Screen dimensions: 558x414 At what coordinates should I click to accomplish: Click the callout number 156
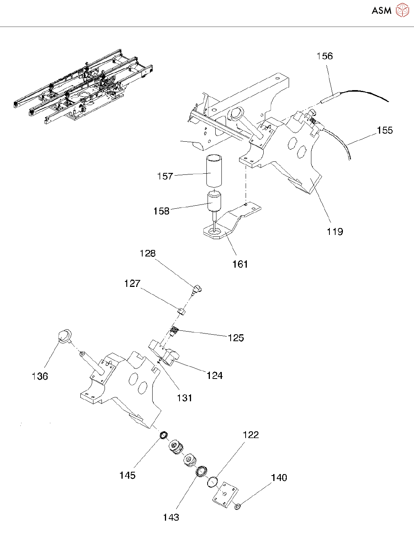pos(324,56)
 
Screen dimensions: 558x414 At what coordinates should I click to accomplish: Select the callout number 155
pos(384,130)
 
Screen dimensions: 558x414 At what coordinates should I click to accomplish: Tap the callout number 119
pos(334,231)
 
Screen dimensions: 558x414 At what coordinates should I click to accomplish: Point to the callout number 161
pos(240,264)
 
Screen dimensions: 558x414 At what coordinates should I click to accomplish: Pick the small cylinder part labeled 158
pos(214,201)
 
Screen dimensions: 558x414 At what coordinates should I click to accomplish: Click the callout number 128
pos(148,253)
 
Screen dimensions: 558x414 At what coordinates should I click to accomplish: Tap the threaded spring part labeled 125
pos(175,330)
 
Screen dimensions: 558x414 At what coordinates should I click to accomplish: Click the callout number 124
pos(214,375)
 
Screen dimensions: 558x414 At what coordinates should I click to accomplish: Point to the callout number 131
pos(185,398)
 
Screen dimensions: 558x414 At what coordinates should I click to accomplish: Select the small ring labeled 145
pos(164,436)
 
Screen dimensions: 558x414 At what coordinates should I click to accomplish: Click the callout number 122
pos(251,435)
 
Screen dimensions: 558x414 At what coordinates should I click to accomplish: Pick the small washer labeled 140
pos(238,506)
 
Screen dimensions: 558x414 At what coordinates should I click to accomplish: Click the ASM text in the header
pos(381,11)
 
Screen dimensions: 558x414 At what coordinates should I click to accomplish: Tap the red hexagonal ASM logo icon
pos(402,10)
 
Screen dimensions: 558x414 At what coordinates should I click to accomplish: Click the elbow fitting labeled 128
pos(198,289)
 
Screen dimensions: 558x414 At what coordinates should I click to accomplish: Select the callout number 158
pos(161,211)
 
